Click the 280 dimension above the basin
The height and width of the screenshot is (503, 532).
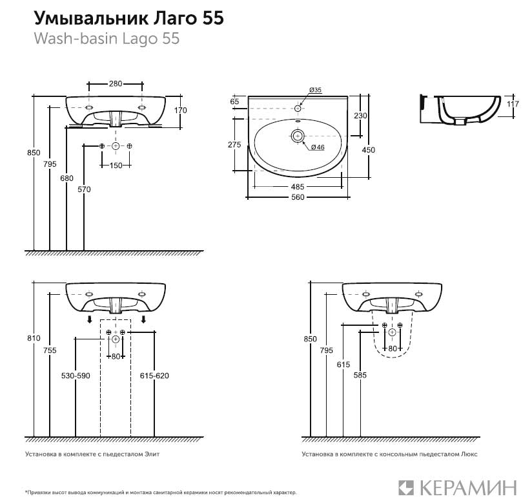tap(116, 83)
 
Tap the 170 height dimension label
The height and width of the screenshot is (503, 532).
tap(180, 111)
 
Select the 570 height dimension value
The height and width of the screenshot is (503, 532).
tap(84, 189)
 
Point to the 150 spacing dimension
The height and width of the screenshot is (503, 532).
tap(116, 166)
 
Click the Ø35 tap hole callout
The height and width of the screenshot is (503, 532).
tap(316, 90)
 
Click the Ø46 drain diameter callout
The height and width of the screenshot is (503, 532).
tap(318, 147)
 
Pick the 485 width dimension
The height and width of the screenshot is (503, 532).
tap(298, 187)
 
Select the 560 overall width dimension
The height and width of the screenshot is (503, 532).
tap(298, 197)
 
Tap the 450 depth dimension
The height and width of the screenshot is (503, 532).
tap(369, 150)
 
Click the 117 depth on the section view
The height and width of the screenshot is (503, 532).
tap(513, 104)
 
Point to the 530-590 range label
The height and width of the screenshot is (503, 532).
tap(76, 376)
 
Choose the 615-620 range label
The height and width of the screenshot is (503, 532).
tap(154, 376)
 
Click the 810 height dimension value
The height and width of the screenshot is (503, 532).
tap(34, 338)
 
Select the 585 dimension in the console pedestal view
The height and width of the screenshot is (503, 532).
tap(360, 375)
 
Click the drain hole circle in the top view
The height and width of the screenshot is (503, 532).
tap(298, 136)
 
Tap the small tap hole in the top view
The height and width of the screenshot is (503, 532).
tap(298, 108)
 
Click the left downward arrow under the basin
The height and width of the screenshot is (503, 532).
tap(89, 319)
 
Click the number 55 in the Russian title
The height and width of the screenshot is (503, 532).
tap(214, 17)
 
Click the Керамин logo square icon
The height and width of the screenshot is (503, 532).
tap(406, 487)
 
